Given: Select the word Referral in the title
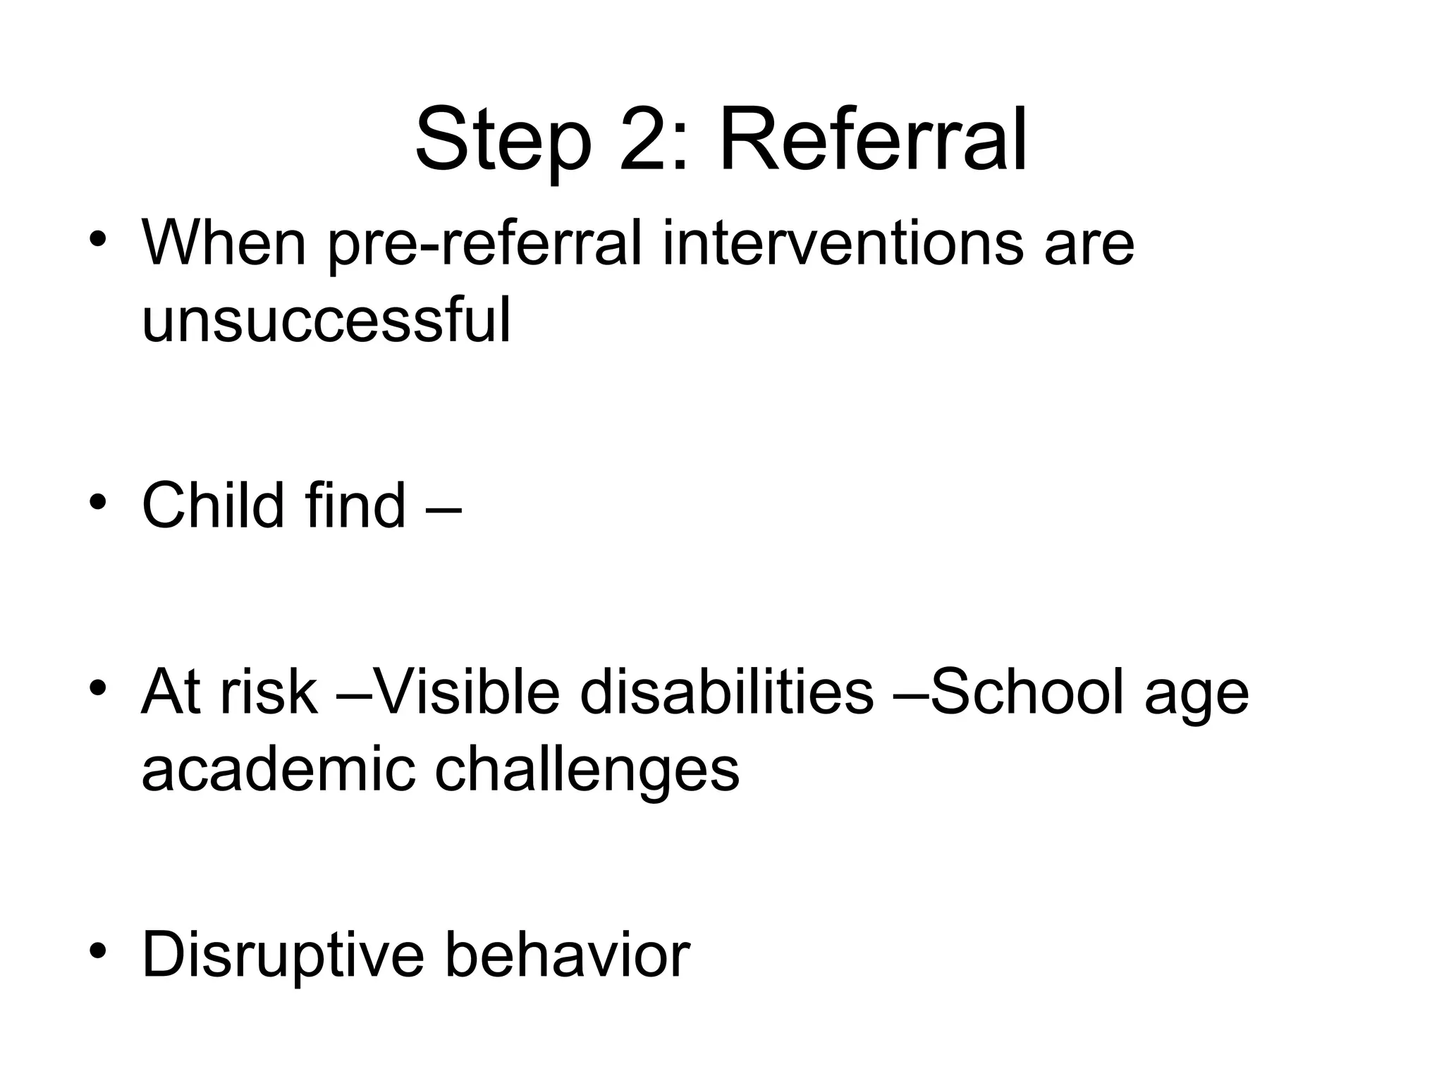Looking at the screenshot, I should (872, 139).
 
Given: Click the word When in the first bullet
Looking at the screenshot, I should (224, 243).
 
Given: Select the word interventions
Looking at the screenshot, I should (843, 243).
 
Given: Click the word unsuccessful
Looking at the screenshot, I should (326, 321).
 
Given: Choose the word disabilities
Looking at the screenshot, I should (727, 692).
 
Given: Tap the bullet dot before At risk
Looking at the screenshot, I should (98, 686).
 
